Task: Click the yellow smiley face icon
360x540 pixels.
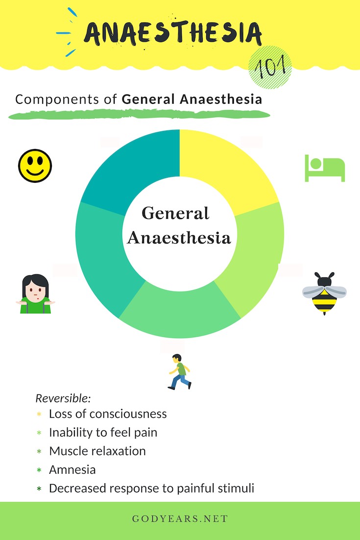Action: pyautogui.click(x=35, y=166)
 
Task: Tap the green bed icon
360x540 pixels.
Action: pyautogui.click(x=325, y=168)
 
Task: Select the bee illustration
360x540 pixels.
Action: pyautogui.click(x=324, y=293)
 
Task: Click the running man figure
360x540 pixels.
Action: pyautogui.click(x=179, y=371)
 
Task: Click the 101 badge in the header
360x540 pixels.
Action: pyautogui.click(x=270, y=68)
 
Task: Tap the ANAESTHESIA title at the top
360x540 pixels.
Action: pyautogui.click(x=172, y=32)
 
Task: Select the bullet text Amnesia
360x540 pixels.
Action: pyautogui.click(x=72, y=469)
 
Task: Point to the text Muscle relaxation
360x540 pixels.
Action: pyautogui.click(x=97, y=451)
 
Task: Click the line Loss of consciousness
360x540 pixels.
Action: pyautogui.click(x=108, y=414)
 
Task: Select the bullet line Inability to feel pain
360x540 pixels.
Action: pyautogui.click(x=103, y=432)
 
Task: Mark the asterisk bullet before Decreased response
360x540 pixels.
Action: pyautogui.click(x=39, y=489)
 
